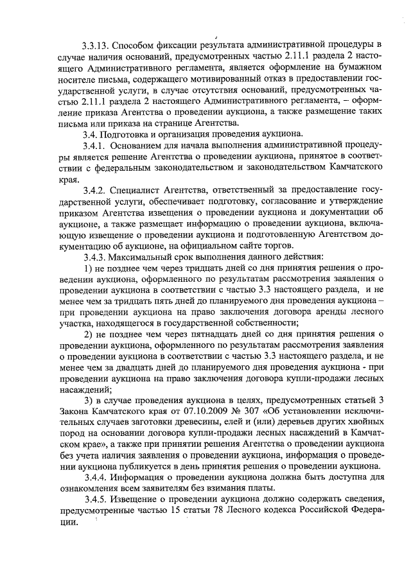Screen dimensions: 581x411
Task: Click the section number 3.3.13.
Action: pos(96,46)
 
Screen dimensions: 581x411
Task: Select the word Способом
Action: pos(136,46)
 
